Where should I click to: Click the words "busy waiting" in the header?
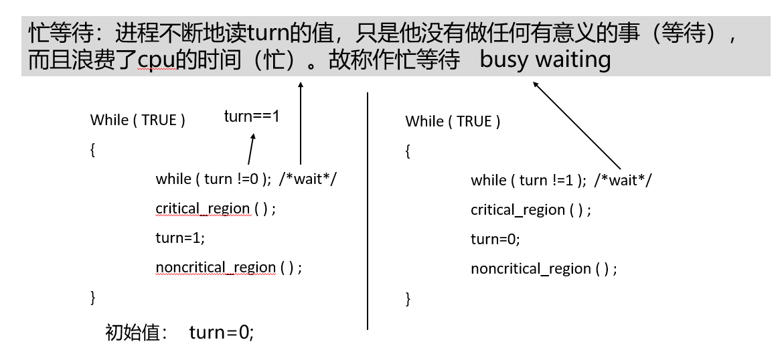click(x=546, y=60)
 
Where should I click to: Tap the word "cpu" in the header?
click(x=156, y=60)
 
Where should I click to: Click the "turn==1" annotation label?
click(x=251, y=116)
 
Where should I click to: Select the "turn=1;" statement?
click(x=180, y=238)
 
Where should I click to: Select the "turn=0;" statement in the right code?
click(x=495, y=239)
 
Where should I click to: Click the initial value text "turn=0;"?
click(x=221, y=333)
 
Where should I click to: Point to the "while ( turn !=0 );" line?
click(x=213, y=179)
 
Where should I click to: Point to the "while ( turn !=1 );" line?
click(x=528, y=180)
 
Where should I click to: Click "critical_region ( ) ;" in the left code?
click(x=215, y=208)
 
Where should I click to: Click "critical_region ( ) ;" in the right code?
click(x=530, y=209)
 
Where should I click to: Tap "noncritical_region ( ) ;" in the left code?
click(x=228, y=267)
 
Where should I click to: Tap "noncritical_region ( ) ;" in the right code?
click(x=544, y=268)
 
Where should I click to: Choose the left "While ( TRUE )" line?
click(x=137, y=120)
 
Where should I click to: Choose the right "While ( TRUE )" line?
click(x=453, y=121)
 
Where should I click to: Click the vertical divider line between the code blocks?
click(x=368, y=211)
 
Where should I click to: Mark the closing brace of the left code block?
click(x=93, y=296)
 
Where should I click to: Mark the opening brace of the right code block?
click(x=408, y=152)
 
